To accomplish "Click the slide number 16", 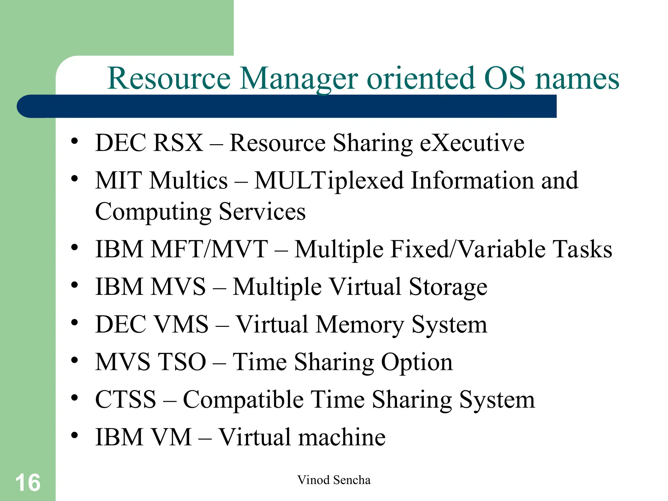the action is click(x=28, y=483).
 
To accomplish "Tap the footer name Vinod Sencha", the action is click(x=334, y=480).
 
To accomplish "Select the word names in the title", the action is click(x=577, y=79).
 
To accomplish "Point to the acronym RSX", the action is click(x=178, y=143).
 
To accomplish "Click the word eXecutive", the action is click(x=472, y=143).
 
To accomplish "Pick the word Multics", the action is click(x=189, y=180).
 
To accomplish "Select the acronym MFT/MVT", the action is click(x=209, y=249).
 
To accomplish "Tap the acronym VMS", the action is click(x=181, y=324).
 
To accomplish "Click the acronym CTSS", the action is click(x=126, y=399).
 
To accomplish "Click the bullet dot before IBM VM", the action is click(x=75, y=435).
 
